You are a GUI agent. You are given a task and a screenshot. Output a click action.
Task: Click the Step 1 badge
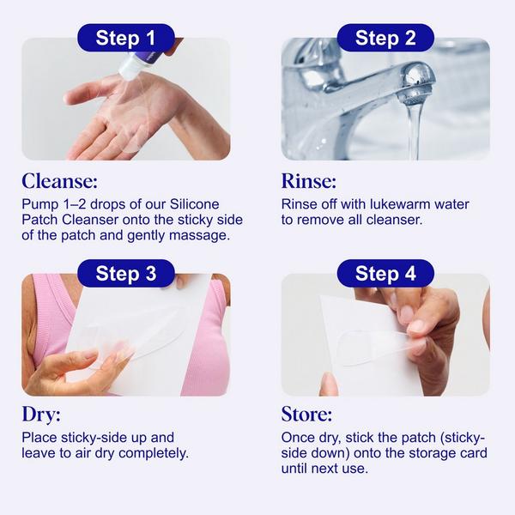click(x=125, y=38)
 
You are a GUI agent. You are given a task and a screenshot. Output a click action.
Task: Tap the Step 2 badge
click(x=385, y=38)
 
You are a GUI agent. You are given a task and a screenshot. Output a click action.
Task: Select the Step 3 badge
click(x=125, y=274)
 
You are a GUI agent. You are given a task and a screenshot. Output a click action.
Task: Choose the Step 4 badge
click(x=385, y=274)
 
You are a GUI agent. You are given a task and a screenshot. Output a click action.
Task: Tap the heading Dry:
click(x=43, y=415)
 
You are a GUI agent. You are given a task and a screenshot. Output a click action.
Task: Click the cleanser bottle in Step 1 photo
click(x=142, y=60)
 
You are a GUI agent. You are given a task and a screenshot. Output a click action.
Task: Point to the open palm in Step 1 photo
click(x=120, y=120)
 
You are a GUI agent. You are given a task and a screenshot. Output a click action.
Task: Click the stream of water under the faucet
click(x=415, y=129)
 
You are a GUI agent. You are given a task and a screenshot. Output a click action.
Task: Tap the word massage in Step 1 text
click(x=207, y=235)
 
